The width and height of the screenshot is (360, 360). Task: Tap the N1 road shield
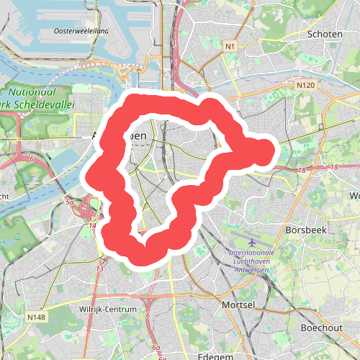[x=230, y=47]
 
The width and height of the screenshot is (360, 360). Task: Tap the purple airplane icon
[x=252, y=243]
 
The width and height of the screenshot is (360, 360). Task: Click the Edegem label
[x=214, y=356]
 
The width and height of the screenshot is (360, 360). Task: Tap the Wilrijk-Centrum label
[x=108, y=310]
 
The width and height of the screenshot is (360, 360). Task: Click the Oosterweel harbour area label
[x=81, y=32]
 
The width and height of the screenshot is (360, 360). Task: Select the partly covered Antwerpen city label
[x=119, y=135]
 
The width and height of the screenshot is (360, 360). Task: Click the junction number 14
[x=92, y=226]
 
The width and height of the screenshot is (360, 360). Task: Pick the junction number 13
[x=99, y=269]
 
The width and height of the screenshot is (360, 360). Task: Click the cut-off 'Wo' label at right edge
[x=354, y=196]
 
